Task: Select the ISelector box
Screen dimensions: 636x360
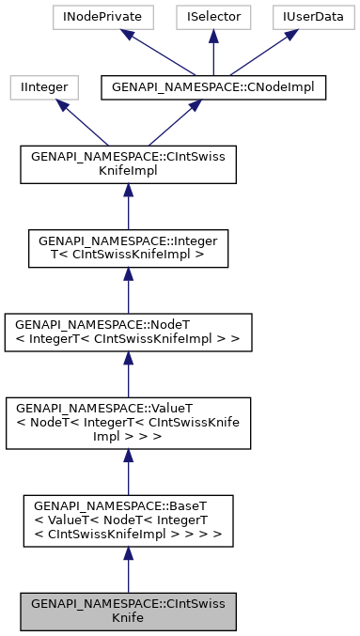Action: [212, 16]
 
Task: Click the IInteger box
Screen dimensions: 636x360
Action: [40, 87]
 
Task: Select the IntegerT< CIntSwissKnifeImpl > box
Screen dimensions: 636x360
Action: [128, 247]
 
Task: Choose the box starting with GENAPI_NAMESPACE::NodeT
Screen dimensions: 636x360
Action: [128, 330]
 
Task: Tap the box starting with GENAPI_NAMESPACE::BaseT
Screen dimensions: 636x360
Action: [128, 521]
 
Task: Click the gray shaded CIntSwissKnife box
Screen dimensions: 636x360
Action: [128, 611]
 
